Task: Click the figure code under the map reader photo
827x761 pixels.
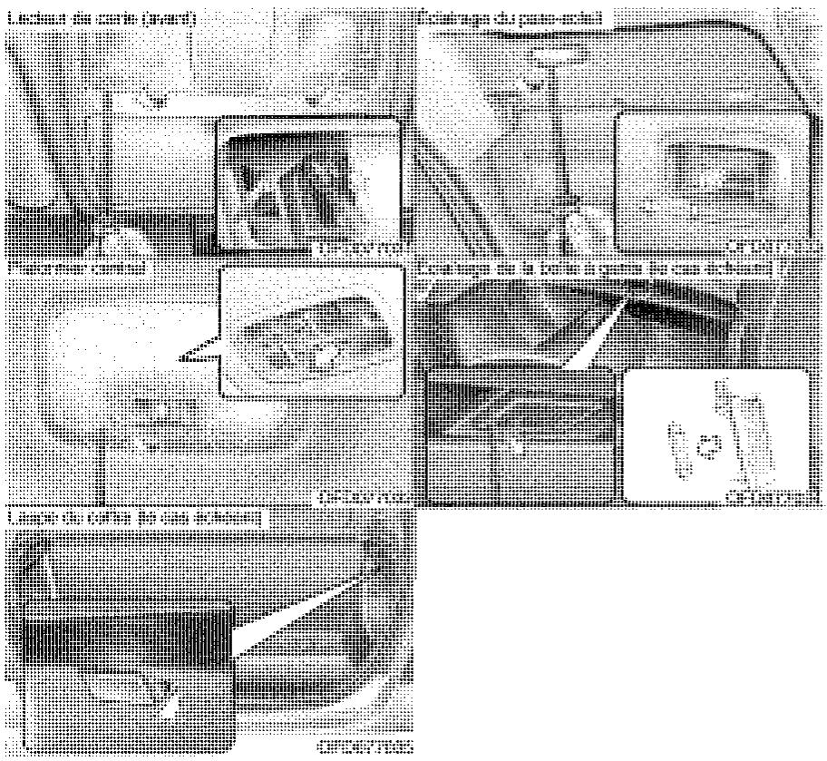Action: tap(361, 247)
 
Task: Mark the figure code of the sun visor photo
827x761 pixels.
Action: tap(775, 247)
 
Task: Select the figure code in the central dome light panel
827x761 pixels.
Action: tap(361, 496)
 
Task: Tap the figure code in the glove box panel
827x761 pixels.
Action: tap(775, 496)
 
